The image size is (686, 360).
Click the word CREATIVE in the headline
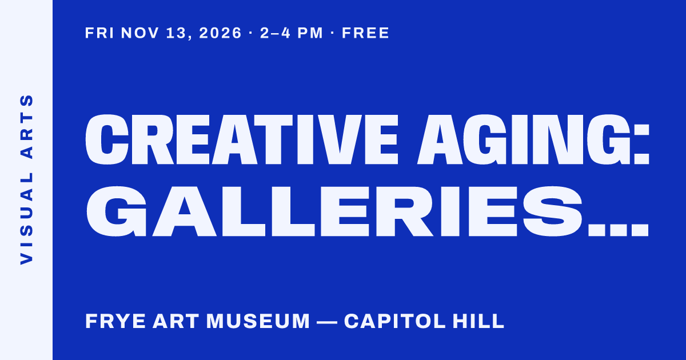(242, 139)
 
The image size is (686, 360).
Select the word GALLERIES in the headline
(334, 211)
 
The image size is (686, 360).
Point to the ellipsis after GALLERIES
(619, 230)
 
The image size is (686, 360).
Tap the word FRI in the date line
(99, 33)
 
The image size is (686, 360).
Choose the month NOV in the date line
(140, 33)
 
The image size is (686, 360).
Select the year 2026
(220, 33)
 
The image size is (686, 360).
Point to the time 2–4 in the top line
(275, 33)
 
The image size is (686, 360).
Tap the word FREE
(365, 33)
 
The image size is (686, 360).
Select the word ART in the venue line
(176, 321)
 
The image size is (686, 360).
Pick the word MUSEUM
(258, 321)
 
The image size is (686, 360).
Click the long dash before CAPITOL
(326, 322)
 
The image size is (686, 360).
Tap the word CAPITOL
(395, 321)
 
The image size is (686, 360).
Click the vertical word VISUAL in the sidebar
(27, 218)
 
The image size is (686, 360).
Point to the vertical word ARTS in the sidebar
(27, 126)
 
